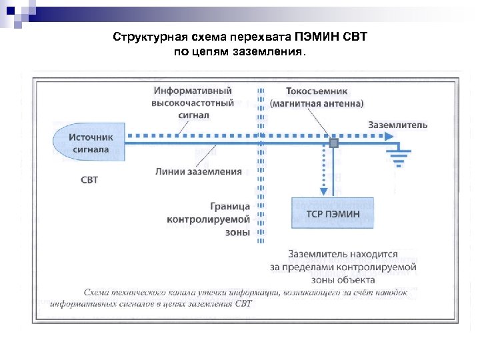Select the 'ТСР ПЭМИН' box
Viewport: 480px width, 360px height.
point(333,213)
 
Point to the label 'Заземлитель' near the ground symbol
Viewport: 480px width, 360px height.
point(398,125)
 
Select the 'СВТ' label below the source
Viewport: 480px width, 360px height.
point(89,180)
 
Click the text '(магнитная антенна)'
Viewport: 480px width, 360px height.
point(317,103)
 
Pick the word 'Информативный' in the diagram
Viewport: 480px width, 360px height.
point(193,91)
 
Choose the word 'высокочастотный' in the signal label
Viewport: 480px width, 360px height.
point(193,103)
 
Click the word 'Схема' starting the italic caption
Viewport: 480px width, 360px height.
point(97,292)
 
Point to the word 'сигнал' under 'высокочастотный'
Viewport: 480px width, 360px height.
point(194,115)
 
